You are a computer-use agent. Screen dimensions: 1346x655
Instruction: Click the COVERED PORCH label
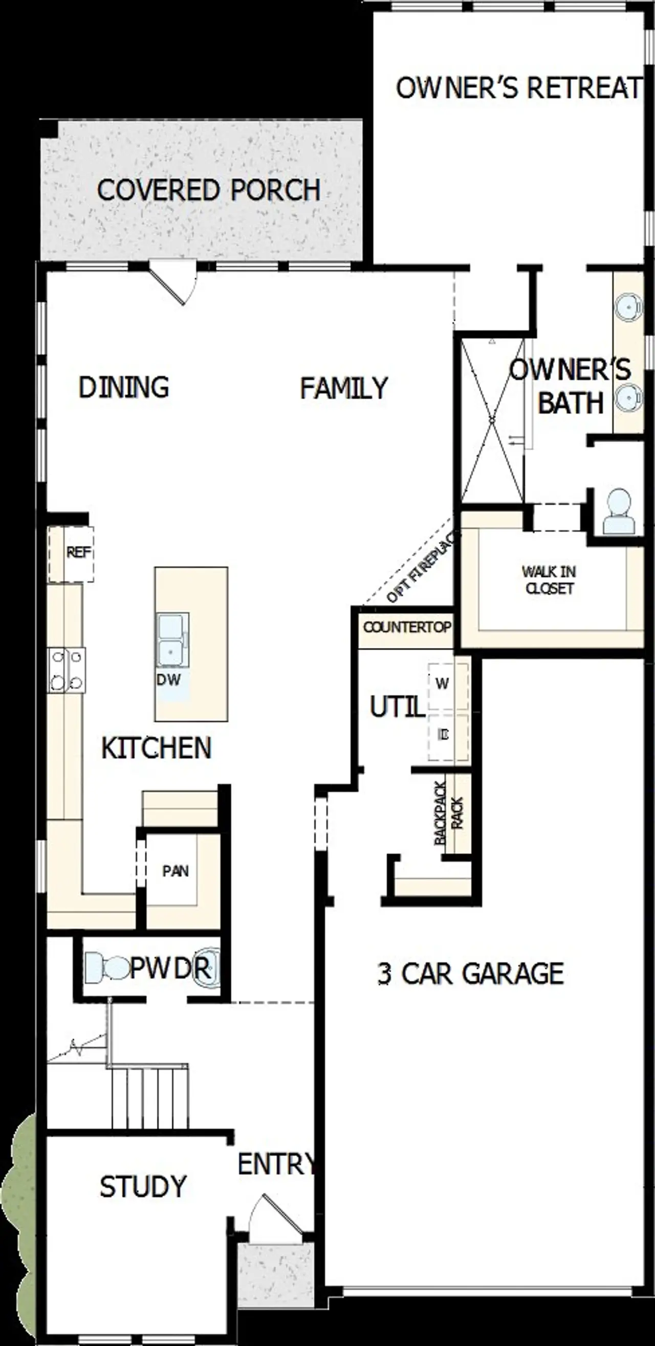point(208,190)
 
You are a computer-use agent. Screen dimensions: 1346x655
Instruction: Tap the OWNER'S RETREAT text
point(517,89)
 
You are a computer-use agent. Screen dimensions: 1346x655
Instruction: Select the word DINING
point(124,388)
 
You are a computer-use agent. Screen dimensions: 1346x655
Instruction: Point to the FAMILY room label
point(343,389)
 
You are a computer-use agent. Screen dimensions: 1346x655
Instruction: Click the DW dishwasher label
point(168,680)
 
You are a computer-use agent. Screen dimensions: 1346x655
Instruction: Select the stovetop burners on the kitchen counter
point(67,670)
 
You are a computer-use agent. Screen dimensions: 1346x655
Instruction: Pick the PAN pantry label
point(175,871)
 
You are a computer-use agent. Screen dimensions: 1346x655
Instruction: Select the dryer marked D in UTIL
point(444,734)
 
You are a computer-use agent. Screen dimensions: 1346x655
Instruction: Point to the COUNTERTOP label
point(407,627)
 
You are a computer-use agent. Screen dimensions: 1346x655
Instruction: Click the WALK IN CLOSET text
point(549,580)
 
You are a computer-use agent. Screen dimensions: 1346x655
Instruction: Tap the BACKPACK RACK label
point(448,813)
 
